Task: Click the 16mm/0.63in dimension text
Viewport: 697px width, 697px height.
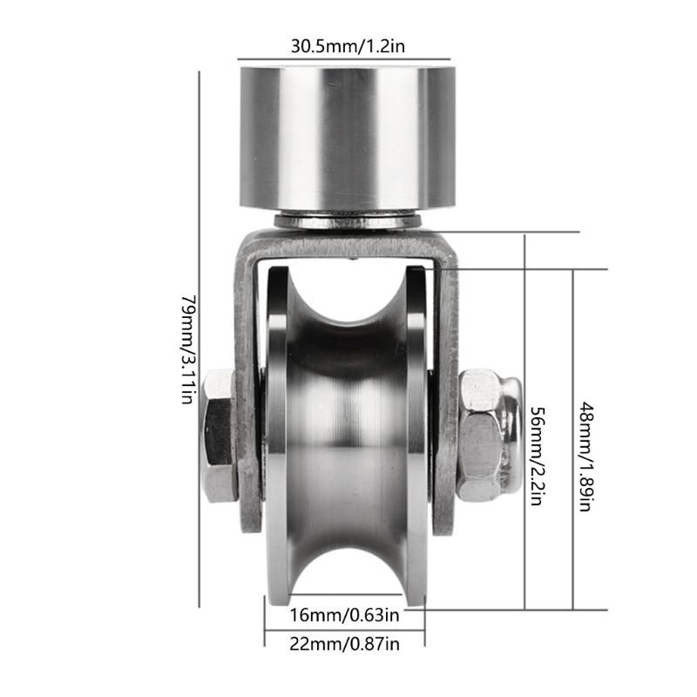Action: coord(346,617)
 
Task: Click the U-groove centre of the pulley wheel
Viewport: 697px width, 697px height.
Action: coord(348,436)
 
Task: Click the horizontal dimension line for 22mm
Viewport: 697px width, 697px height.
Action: coord(346,630)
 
